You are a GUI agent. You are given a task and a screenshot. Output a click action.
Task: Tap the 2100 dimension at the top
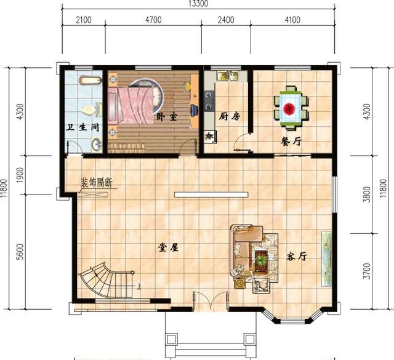tap(83, 20)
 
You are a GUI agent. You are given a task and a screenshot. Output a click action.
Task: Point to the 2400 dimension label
tap(226, 20)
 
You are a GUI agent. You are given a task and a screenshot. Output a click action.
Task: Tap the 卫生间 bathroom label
tap(84, 128)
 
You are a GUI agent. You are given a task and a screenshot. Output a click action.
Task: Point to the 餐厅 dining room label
tap(291, 141)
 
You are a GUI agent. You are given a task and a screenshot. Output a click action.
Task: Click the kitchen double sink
tap(226, 77)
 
